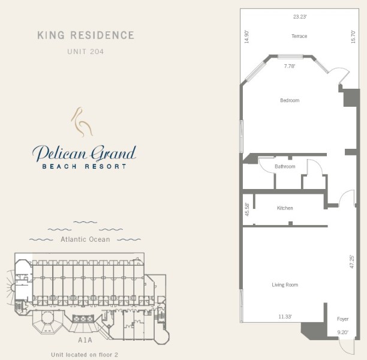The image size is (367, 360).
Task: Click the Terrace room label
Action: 299,36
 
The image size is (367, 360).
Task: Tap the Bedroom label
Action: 290,100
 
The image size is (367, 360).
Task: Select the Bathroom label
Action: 285,166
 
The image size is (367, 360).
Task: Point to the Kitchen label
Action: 285,208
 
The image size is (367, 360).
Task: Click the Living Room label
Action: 285,285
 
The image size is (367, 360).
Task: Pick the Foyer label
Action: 342,319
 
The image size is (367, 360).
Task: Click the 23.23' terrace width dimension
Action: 300,17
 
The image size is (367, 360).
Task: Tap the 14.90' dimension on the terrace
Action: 246,37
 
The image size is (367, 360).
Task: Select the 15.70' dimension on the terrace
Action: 353,37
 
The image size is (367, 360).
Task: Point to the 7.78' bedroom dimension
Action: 290,66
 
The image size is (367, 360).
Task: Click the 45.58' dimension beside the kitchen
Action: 247,209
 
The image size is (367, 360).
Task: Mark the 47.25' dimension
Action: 351,262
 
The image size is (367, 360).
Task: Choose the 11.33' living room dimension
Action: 285,317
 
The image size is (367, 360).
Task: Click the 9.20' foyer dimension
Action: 342,332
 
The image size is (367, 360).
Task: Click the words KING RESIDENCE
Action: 86,35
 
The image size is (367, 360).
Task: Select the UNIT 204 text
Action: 85,52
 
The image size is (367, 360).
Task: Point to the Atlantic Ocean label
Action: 85,239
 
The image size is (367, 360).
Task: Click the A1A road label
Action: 85,340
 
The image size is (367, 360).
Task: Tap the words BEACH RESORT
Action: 85,166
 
